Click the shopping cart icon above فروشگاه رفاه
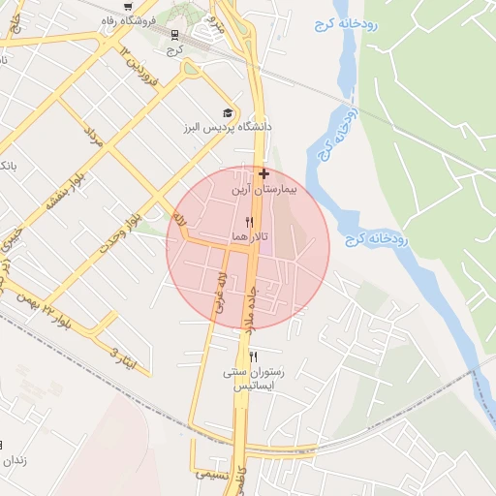(x=129, y=7)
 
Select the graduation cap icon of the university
(x=228, y=112)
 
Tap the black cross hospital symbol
(x=263, y=174)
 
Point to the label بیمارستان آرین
(x=264, y=191)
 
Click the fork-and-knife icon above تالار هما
(x=249, y=222)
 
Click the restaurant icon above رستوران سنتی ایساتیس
(x=254, y=356)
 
